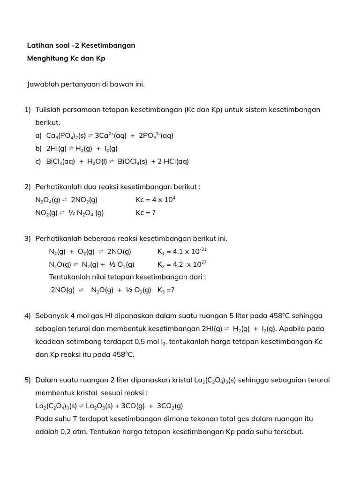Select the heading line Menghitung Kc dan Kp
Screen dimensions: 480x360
coord(66,59)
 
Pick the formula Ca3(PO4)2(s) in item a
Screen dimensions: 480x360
coord(66,135)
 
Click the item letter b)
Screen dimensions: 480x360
coord(38,149)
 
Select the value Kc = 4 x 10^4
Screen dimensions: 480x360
coord(155,200)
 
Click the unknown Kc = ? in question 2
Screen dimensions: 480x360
coord(145,213)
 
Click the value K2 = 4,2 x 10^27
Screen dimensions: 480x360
coord(182,264)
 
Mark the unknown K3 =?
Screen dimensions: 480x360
coord(166,290)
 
